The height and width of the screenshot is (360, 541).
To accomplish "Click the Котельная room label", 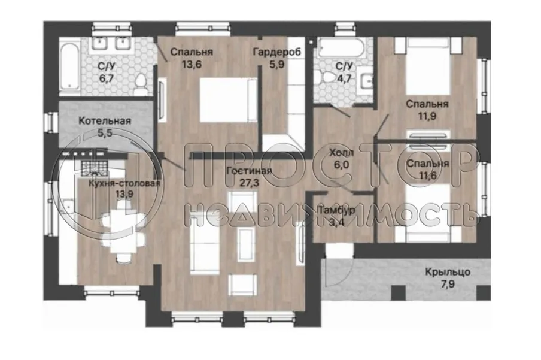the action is tap(105, 121).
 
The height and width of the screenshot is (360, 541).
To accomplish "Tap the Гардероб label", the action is tap(276, 52).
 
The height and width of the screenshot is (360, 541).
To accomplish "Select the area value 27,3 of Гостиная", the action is tap(249, 183).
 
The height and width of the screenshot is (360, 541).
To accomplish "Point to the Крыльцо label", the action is tap(448, 272).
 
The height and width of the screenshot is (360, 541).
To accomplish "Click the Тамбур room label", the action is tap(336, 210).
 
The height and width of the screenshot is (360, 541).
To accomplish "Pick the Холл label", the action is tap(341, 153).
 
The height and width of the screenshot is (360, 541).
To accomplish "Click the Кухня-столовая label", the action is tap(124, 183).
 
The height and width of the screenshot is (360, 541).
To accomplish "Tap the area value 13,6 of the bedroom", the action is tap(192, 65).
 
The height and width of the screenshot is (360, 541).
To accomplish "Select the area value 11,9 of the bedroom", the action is tap(427, 116).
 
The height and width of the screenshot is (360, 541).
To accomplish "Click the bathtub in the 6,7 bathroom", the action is tap(69, 66).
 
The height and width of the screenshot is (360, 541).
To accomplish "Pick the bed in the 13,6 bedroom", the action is tap(229, 100).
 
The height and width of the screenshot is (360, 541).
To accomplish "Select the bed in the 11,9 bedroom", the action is tap(428, 66).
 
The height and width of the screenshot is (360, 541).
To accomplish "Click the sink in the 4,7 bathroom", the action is tap(366, 81).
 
